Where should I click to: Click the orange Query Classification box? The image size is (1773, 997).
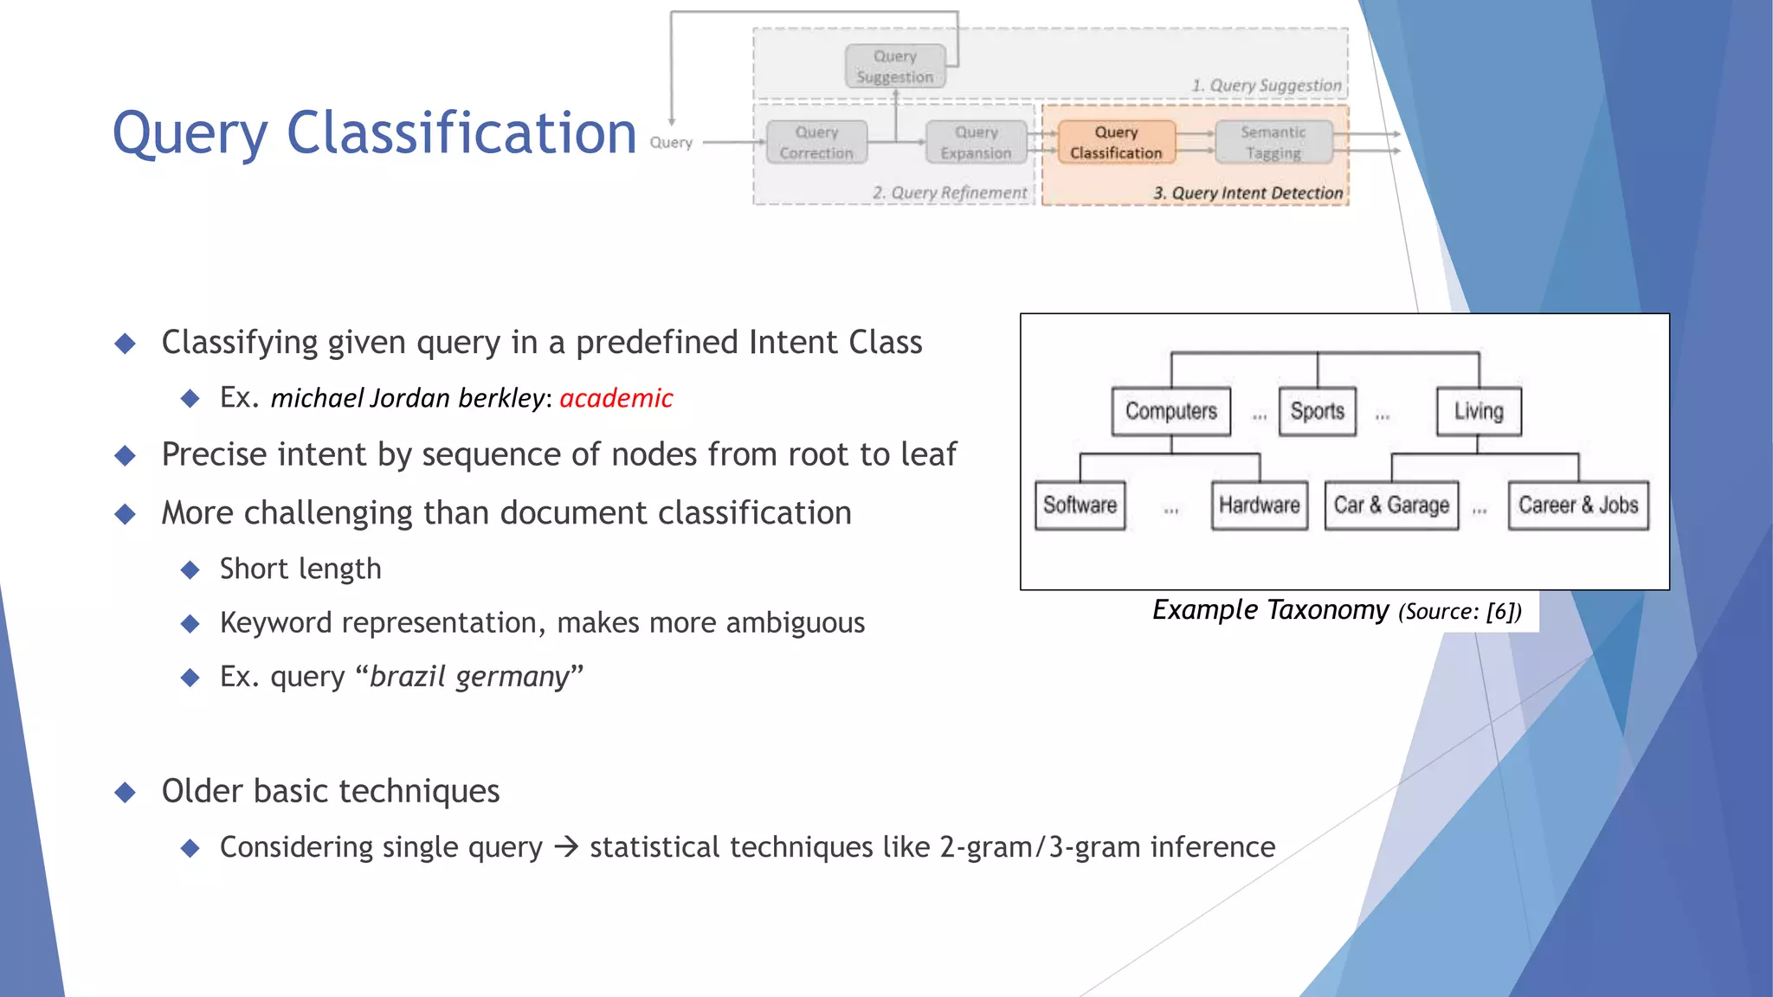coord(1116,143)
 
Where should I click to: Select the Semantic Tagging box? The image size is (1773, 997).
coord(1273,143)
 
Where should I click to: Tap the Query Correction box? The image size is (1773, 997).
coord(816,143)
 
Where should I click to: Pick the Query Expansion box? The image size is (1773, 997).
coord(976,143)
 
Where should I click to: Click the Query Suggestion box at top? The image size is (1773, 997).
coord(895,67)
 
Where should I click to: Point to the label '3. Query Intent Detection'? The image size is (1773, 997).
coord(1248,193)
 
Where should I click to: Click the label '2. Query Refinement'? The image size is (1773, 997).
coord(950,193)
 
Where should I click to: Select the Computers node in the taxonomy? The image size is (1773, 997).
coord(1170,411)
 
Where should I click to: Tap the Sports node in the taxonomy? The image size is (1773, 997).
coord(1317,411)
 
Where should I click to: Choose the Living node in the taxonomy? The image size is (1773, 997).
coord(1479,411)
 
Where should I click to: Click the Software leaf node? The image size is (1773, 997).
coord(1080,505)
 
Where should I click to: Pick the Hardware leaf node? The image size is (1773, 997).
coord(1259,505)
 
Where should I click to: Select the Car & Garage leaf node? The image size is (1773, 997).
coord(1391,505)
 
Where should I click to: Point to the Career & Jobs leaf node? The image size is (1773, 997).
coord(1578,505)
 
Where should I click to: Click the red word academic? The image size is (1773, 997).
coord(616,398)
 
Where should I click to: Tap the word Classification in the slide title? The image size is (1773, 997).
coord(461,133)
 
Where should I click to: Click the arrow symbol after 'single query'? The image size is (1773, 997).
coord(566,846)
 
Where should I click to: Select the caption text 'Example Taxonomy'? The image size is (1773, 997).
coord(1270,610)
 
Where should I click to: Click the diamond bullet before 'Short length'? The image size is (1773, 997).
coord(190,569)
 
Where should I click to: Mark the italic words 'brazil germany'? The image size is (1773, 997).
coord(469,677)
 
